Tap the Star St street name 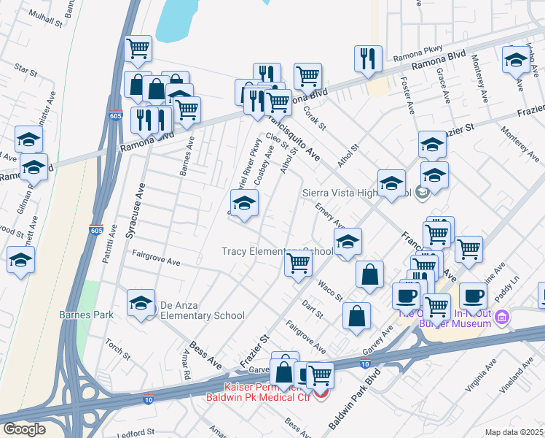click(26, 70)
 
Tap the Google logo click(24, 429)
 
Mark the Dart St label click(313, 310)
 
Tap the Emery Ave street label click(329, 215)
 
